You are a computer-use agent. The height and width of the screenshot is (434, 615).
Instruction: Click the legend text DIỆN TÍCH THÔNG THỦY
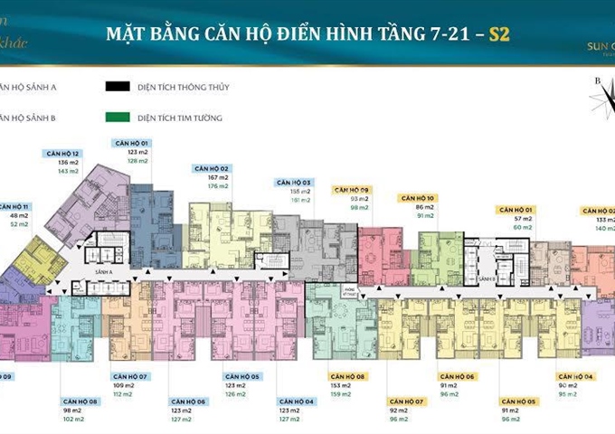180,89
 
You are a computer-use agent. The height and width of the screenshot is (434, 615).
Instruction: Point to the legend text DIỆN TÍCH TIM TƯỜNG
177,118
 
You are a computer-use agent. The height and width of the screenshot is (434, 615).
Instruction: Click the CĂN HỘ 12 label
62,154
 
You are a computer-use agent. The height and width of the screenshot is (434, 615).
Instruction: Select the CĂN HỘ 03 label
293,182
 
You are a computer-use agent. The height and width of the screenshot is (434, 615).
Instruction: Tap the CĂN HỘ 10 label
419,198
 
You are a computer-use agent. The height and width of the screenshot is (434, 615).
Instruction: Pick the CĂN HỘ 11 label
13,207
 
